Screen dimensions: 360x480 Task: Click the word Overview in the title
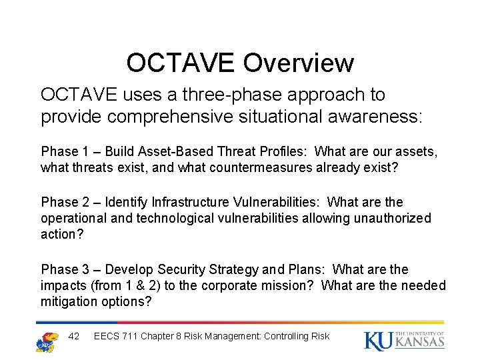[298, 63]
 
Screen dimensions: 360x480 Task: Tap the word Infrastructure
[192, 202]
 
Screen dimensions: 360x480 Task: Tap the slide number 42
[74, 336]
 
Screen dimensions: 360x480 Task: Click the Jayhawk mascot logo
[46, 341]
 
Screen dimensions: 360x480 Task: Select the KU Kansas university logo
[404, 340]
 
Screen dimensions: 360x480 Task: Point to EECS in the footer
[107, 336]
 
